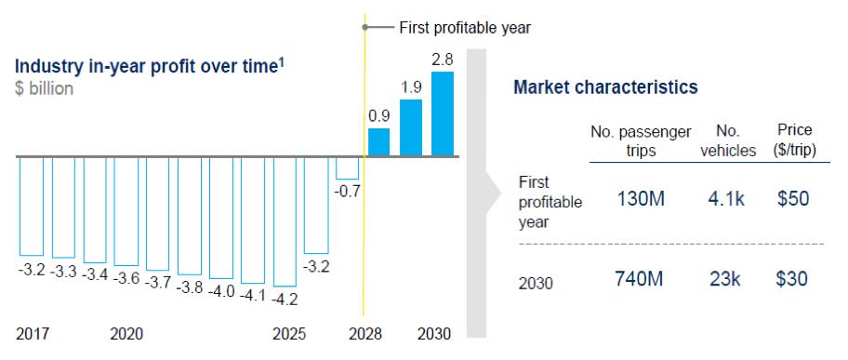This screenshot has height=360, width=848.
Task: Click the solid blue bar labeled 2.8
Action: (x=443, y=113)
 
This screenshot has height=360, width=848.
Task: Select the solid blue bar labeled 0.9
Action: (x=378, y=141)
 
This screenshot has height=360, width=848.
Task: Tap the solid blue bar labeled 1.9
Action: (x=411, y=127)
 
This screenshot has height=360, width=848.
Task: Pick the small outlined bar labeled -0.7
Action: (x=347, y=168)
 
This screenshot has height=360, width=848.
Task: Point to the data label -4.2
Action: (x=285, y=299)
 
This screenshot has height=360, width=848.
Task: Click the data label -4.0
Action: (x=221, y=291)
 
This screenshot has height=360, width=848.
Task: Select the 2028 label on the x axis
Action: (x=365, y=334)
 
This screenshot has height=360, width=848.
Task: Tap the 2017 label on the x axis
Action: (x=33, y=334)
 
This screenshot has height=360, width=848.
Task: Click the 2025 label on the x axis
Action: (x=289, y=334)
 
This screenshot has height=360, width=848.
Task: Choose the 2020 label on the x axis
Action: (x=126, y=334)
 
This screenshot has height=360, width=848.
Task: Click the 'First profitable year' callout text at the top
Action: (x=465, y=28)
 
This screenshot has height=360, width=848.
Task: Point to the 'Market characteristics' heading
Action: (x=605, y=87)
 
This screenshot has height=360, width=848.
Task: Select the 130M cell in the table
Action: (x=641, y=199)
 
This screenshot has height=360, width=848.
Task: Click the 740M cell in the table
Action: (x=639, y=279)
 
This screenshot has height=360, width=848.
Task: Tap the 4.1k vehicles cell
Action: (x=726, y=199)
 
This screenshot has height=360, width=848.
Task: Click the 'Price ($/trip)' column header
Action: (x=794, y=140)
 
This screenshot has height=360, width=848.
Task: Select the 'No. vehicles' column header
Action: (x=728, y=140)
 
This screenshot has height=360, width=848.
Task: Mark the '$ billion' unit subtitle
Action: (x=45, y=88)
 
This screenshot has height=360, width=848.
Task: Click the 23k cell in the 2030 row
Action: (x=725, y=279)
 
